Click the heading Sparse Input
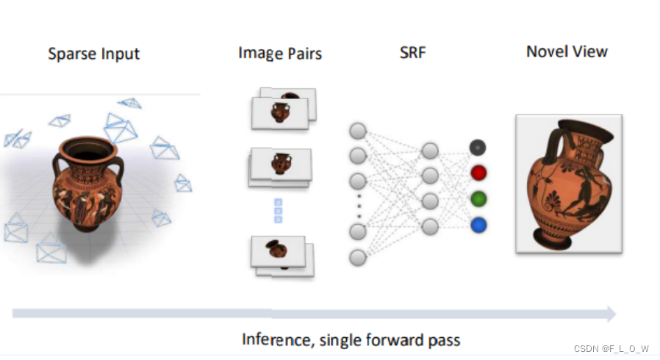[x=93, y=54]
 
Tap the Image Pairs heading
[x=280, y=53]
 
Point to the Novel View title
[x=567, y=51]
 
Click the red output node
[x=478, y=173]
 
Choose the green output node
[x=478, y=199]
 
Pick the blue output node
[x=478, y=225]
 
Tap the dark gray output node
[x=478, y=148]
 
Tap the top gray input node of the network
[x=358, y=132]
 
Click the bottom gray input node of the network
[x=358, y=257]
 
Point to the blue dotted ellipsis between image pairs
[x=279, y=210]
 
